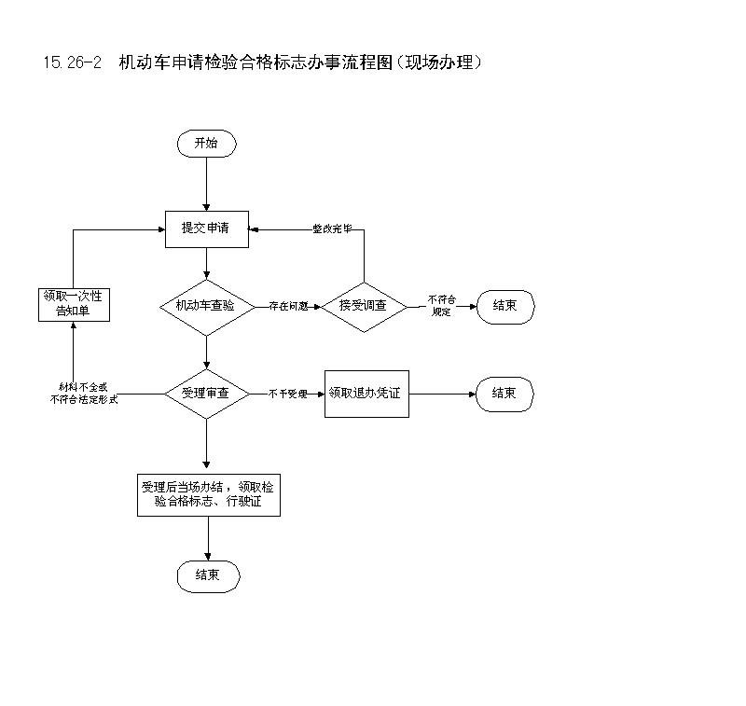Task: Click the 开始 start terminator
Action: point(206,144)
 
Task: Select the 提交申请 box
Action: point(206,228)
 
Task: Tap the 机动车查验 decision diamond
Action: point(206,306)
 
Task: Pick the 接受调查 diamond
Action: point(364,306)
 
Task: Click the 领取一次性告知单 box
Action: point(74,304)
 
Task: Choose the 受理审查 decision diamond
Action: point(206,394)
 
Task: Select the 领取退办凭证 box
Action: point(366,393)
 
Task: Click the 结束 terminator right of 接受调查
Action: point(504,306)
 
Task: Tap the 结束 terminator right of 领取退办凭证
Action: point(504,394)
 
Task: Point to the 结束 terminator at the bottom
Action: point(208,575)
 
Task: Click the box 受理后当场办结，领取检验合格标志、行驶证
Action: point(208,494)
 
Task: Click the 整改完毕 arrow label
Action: point(332,228)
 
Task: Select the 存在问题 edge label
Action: point(288,306)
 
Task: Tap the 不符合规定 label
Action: point(442,306)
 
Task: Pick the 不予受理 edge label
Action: point(287,394)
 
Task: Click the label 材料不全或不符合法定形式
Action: point(83,393)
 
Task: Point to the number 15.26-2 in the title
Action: point(71,62)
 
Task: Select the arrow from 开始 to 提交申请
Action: point(206,184)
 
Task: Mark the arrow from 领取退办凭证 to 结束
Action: point(442,394)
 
